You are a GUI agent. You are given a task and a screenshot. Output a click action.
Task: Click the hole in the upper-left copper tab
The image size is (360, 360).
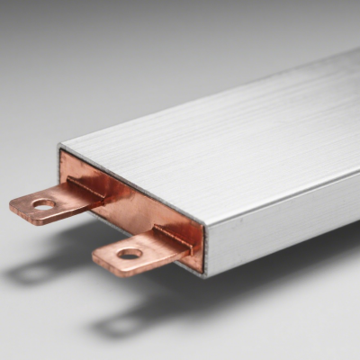pyautogui.click(x=43, y=204)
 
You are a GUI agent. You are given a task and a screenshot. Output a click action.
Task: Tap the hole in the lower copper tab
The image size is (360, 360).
pyautogui.click(x=129, y=254)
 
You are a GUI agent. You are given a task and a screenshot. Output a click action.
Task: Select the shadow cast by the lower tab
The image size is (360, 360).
pyautogui.click(x=135, y=315)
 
